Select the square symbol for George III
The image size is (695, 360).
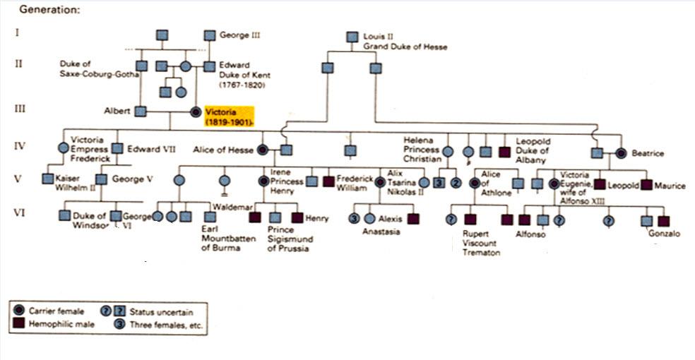pos(209,35)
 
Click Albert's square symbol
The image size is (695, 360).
pos(141,111)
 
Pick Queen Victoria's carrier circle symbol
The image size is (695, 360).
pos(196,112)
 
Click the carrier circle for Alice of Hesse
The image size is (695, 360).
pos(263,149)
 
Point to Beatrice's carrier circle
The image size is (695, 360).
pos(622,152)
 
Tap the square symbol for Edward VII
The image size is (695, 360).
pos(117,149)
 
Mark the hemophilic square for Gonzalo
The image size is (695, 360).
pos(663,220)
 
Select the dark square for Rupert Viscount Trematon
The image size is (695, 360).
pos(470,220)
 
